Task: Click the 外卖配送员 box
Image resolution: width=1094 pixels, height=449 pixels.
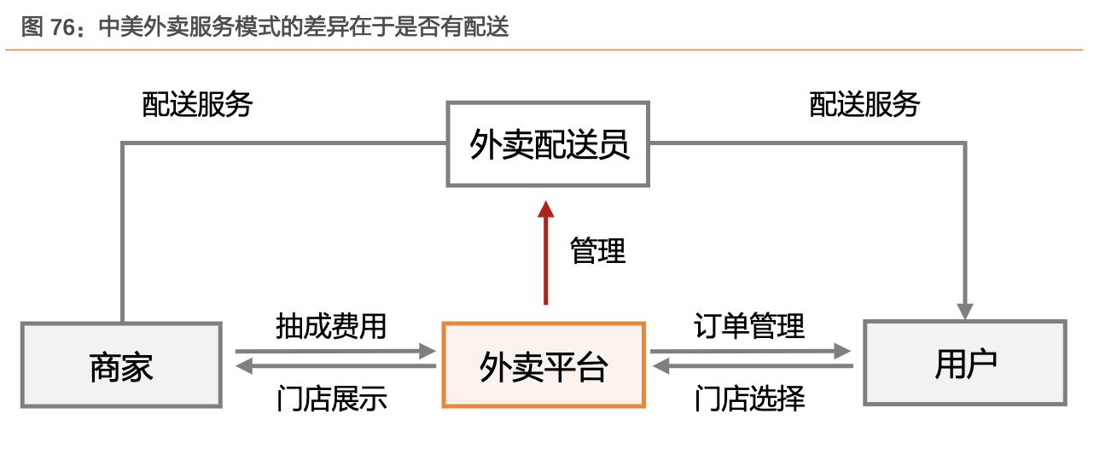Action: [548, 144]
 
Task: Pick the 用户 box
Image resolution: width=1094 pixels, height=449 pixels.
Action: [965, 363]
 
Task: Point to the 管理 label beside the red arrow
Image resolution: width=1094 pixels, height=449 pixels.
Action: [597, 251]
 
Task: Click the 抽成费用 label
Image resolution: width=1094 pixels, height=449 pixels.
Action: [331, 326]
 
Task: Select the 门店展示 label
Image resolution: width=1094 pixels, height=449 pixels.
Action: [331, 399]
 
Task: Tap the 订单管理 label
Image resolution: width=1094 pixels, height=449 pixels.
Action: [749, 326]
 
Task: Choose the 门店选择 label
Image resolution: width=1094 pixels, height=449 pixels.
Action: [749, 399]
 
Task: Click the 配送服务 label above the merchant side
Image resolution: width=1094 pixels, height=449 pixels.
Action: [197, 105]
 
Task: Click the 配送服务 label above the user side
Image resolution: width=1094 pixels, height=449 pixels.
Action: [864, 105]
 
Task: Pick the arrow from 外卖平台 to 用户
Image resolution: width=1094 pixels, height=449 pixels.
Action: [751, 350]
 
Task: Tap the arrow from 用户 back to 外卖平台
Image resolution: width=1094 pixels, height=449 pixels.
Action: [751, 367]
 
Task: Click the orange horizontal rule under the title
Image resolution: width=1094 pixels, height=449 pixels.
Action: [546, 50]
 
